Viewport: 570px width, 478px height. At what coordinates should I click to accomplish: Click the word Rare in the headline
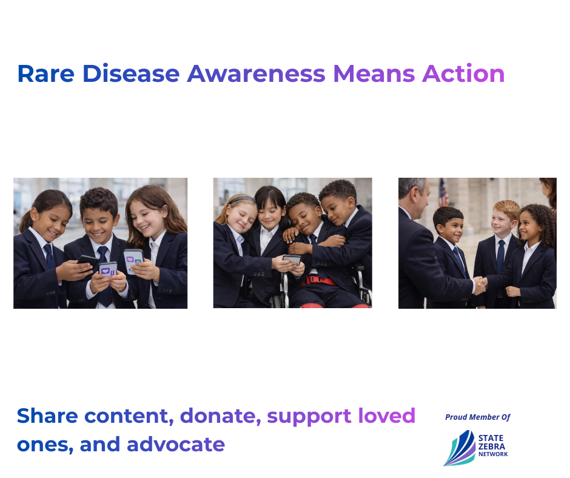click(46, 74)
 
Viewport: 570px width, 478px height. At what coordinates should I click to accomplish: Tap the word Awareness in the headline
click(256, 74)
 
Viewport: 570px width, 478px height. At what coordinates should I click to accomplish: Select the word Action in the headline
click(463, 73)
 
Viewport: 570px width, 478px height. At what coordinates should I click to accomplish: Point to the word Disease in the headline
click(131, 73)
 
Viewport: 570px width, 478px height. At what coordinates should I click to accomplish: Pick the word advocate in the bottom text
click(176, 444)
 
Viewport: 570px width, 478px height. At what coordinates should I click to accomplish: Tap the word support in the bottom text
click(309, 417)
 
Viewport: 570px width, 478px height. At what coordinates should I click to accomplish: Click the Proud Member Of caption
click(478, 417)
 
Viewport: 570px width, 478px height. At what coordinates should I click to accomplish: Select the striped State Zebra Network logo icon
click(460, 448)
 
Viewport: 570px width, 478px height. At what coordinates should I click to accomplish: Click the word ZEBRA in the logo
click(492, 446)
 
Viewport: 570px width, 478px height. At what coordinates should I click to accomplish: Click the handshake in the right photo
click(480, 284)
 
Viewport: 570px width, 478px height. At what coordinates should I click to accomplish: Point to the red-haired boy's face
click(501, 221)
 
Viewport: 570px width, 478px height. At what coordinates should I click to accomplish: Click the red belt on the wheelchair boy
click(319, 280)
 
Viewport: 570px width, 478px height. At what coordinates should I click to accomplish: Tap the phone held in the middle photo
click(292, 260)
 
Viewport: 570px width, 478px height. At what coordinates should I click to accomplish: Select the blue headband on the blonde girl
click(242, 199)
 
